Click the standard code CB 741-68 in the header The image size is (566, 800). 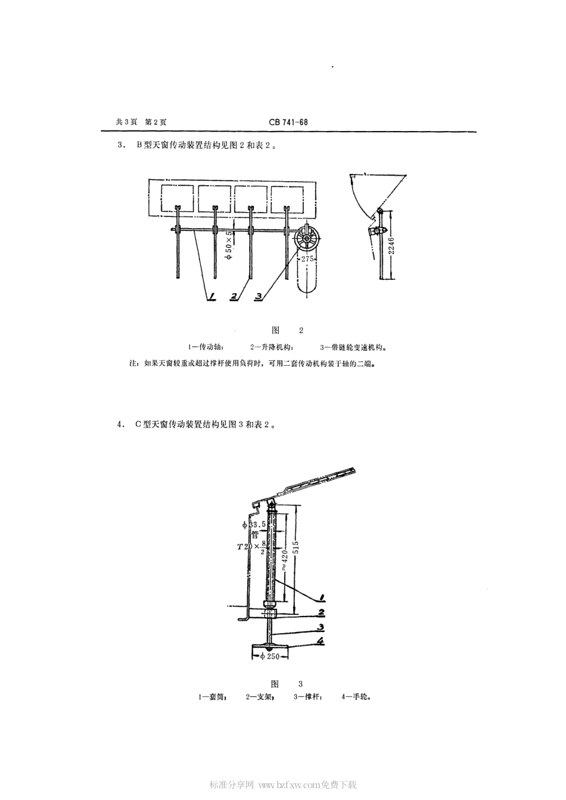click(x=288, y=122)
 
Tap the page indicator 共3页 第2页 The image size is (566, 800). click(x=141, y=122)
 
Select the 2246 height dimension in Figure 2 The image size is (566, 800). click(x=391, y=244)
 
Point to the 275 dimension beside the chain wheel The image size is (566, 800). click(x=307, y=259)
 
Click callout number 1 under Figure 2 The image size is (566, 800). click(x=212, y=296)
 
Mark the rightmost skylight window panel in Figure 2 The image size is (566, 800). click(x=287, y=198)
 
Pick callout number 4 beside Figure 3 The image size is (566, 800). click(x=320, y=641)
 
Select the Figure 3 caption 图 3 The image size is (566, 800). click(x=287, y=683)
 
